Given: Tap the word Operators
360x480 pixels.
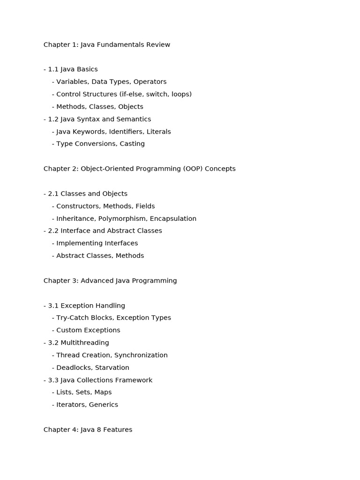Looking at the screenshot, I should pyautogui.click(x=150, y=82).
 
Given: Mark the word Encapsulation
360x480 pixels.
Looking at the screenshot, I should pyautogui.click(x=173, y=218).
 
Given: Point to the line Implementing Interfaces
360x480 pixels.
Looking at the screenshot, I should pyautogui.click(x=97, y=243).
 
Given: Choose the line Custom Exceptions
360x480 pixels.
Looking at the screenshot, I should pyautogui.click(x=88, y=330).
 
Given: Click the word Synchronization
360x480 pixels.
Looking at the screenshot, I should pyautogui.click(x=141, y=355).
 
